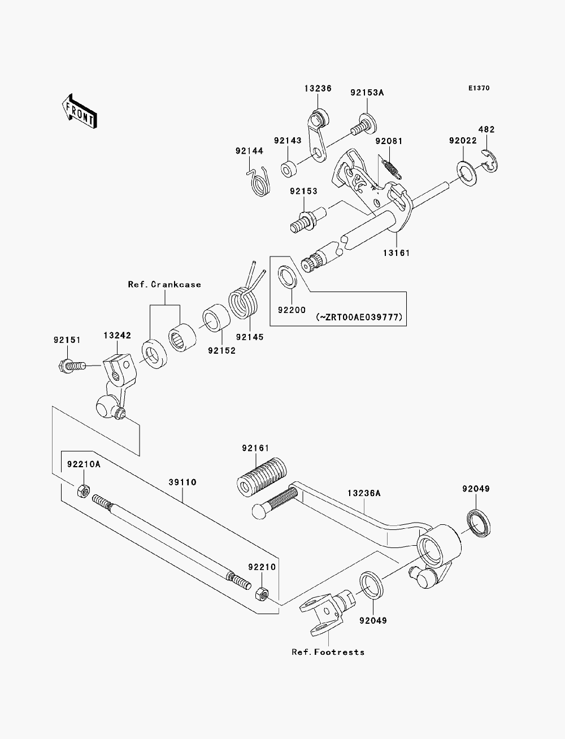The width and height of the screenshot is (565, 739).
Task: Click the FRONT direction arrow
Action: tap(80, 112)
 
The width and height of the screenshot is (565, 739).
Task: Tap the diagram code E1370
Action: tap(479, 88)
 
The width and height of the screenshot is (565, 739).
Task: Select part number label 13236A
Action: tap(364, 493)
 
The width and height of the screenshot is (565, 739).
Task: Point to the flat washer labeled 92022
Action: tap(467, 173)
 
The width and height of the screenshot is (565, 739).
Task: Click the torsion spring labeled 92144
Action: tap(259, 182)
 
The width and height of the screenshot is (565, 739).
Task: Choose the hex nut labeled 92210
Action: tap(262, 594)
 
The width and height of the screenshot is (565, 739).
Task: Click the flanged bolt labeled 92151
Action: tap(72, 366)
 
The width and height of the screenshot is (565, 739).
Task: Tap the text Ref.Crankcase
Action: tap(164, 285)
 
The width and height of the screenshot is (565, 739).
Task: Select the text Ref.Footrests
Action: tap(328, 652)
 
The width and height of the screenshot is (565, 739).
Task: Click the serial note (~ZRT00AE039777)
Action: tap(359, 317)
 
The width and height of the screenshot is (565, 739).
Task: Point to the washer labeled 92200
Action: tap(287, 276)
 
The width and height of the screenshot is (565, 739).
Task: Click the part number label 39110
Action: tap(182, 482)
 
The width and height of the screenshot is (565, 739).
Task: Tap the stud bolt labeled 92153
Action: tap(308, 220)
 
